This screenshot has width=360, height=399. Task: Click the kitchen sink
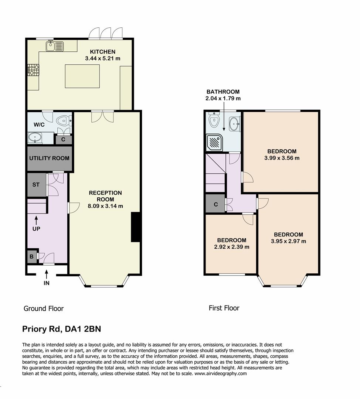pos(55,46)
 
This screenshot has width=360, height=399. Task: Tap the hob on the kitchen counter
pos(33,70)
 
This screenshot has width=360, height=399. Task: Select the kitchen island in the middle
pos(82,76)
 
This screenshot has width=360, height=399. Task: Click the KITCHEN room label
pos(102,52)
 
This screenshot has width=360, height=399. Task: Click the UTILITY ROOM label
pos(49,158)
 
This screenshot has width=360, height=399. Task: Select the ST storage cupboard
pos(36,185)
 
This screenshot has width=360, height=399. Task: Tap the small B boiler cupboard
pos(31,256)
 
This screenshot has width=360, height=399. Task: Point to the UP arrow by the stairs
pos(36,221)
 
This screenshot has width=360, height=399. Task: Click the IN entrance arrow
pos(47,275)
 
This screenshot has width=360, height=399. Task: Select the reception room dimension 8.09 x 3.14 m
pos(105,206)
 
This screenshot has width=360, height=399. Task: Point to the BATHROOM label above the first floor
pos(223,92)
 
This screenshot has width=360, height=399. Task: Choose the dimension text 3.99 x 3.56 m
pos(282,158)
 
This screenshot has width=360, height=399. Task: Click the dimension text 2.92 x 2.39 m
pos(231,247)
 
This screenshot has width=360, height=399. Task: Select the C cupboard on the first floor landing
pos(215,203)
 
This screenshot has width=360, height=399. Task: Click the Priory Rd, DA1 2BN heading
pos(61,329)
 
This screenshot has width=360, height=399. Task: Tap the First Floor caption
pos(224,308)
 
